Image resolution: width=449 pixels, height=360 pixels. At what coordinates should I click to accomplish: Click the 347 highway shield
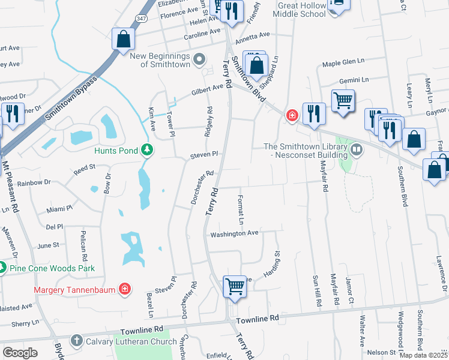(x=140, y=19)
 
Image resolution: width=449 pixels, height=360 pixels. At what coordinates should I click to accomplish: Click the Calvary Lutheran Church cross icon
(x=76, y=340)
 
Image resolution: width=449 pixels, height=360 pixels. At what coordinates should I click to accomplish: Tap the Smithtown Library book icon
(x=357, y=148)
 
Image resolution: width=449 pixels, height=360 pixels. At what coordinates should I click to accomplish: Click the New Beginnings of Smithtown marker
(x=200, y=58)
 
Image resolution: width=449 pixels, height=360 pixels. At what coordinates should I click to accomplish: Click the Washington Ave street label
(x=234, y=233)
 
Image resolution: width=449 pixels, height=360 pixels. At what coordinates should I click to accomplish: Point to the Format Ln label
(x=241, y=209)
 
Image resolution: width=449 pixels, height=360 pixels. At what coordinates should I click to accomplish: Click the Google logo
(x=20, y=352)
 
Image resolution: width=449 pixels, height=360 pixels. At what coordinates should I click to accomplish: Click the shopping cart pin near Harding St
(x=234, y=286)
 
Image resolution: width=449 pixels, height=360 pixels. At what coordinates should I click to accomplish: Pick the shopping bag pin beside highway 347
(x=123, y=40)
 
